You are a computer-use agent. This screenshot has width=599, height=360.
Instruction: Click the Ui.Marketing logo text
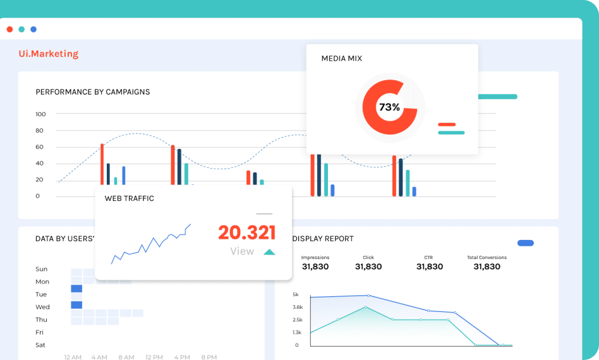point(49,54)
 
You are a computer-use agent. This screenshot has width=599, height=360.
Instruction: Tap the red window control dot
point(9,29)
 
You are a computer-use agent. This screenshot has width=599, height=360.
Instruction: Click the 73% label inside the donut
point(389,107)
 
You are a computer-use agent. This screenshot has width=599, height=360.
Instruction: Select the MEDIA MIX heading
point(342,59)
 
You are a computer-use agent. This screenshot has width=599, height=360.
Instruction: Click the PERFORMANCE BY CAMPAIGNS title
point(93,92)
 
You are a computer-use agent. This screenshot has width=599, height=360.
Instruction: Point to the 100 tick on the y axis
point(40,114)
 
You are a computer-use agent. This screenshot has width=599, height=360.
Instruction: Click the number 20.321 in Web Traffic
point(247,232)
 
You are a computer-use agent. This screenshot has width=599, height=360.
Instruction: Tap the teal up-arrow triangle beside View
point(269,252)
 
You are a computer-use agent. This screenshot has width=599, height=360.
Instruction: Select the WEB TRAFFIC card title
point(130,198)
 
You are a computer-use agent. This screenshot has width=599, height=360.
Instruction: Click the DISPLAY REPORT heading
point(323,239)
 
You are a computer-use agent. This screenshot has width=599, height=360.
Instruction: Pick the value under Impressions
point(315,267)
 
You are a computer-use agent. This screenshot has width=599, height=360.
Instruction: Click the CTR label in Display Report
point(428,258)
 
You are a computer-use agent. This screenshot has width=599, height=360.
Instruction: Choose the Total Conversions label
point(487,258)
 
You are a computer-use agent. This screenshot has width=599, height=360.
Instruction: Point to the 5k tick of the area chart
point(296,295)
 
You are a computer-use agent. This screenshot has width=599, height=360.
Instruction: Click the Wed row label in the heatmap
point(42,307)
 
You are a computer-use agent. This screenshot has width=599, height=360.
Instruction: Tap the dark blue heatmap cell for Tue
point(76,289)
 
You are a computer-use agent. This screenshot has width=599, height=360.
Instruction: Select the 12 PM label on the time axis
point(154,357)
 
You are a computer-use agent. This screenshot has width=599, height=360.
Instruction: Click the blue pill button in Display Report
point(525,243)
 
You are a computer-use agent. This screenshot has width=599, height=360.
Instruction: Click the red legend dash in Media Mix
point(447,124)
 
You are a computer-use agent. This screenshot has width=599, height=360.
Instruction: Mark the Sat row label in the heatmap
point(40,345)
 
